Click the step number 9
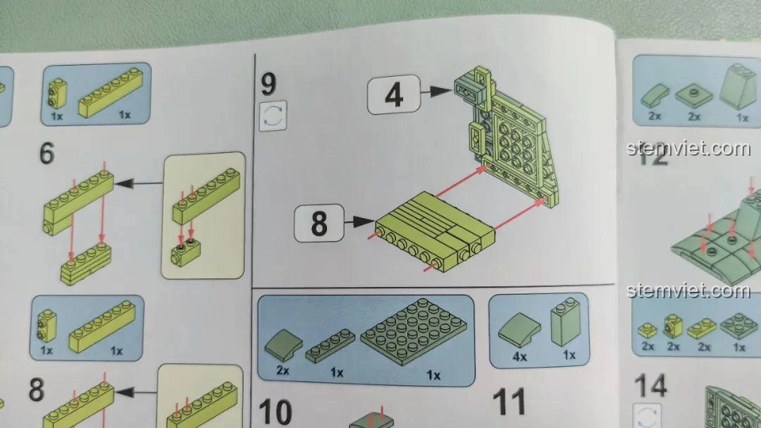pyautogui.click(x=269, y=84)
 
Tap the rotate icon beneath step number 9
pyautogui.click(x=273, y=116)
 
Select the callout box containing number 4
pyautogui.click(x=393, y=94)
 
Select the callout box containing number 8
pyautogui.click(x=318, y=224)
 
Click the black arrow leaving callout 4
pyautogui.click(x=437, y=91)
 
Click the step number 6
pyautogui.click(x=47, y=153)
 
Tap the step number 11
pyautogui.click(x=509, y=401)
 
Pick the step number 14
pyautogui.click(x=650, y=386)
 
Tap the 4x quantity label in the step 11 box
pyautogui.click(x=520, y=357)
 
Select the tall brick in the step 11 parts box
pyautogui.click(x=565, y=324)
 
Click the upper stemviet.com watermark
pyautogui.click(x=688, y=149)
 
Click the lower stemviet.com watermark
pyautogui.click(x=688, y=291)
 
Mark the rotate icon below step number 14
pyautogui.click(x=647, y=415)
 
